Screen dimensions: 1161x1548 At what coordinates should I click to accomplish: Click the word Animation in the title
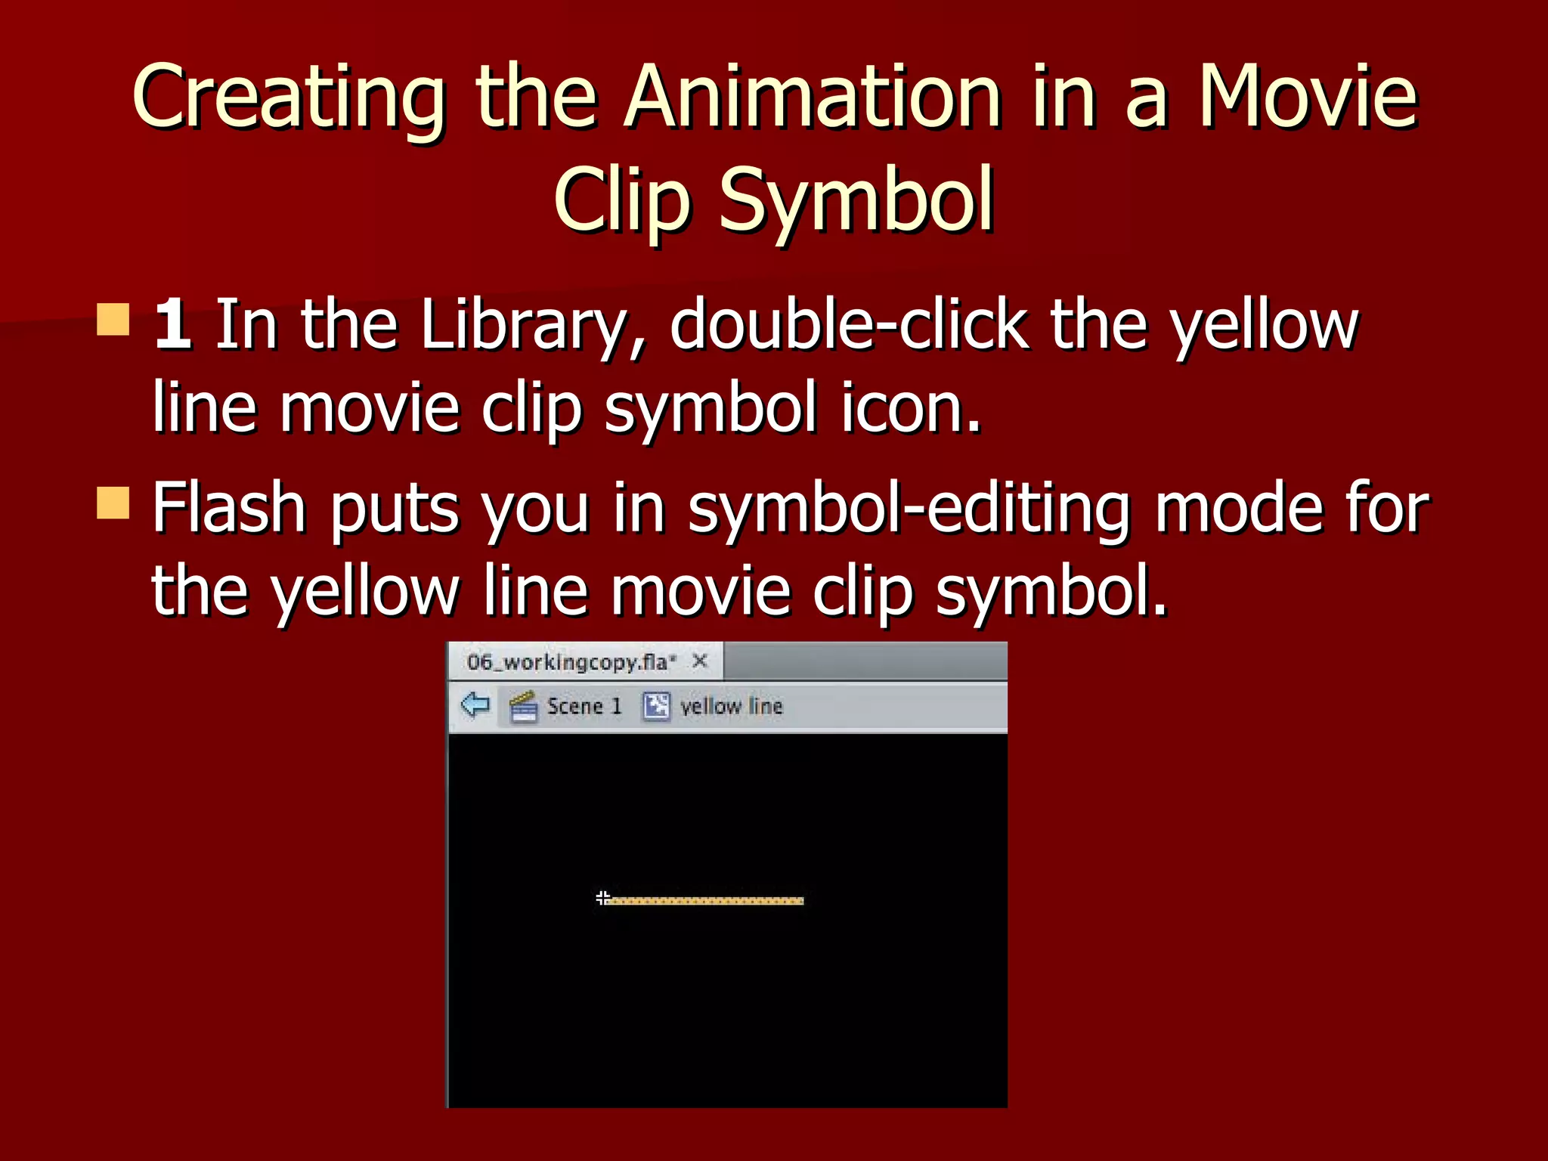[813, 98]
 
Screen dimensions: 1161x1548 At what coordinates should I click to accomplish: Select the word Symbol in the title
[856, 200]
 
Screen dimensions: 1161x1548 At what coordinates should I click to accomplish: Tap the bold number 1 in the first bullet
[172, 325]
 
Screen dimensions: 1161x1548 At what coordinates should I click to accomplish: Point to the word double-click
[848, 325]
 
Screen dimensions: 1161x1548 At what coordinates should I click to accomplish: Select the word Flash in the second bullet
[229, 508]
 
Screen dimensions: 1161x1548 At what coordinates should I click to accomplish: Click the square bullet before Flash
[113, 503]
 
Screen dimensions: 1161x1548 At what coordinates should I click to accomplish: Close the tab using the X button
[700, 661]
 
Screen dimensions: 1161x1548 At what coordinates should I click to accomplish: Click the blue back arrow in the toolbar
[475, 705]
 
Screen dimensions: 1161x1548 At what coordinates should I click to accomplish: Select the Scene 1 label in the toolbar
[584, 707]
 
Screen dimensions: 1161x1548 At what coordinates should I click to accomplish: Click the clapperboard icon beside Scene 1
[523, 707]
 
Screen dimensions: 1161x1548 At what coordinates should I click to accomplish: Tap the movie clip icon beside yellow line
[656, 707]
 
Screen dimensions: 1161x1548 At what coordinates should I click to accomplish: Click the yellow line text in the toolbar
[731, 707]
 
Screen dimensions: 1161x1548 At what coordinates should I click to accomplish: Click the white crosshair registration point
[602, 898]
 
